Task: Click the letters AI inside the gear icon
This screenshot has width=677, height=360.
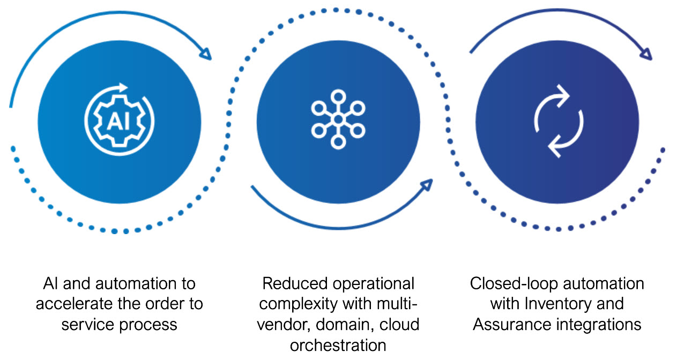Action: [x=119, y=122]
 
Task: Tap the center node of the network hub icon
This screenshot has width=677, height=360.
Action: [x=338, y=119]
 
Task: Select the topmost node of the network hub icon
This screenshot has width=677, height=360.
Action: [x=338, y=97]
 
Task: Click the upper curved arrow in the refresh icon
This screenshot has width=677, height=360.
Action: [x=552, y=99]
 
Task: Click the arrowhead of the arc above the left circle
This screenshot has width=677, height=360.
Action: [x=206, y=54]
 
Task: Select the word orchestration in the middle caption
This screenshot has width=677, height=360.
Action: [x=338, y=345]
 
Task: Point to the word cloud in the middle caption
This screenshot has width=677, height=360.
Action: [x=398, y=324]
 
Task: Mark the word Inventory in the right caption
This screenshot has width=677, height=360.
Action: [x=557, y=304]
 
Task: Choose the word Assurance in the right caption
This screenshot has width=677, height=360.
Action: [x=510, y=324]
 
